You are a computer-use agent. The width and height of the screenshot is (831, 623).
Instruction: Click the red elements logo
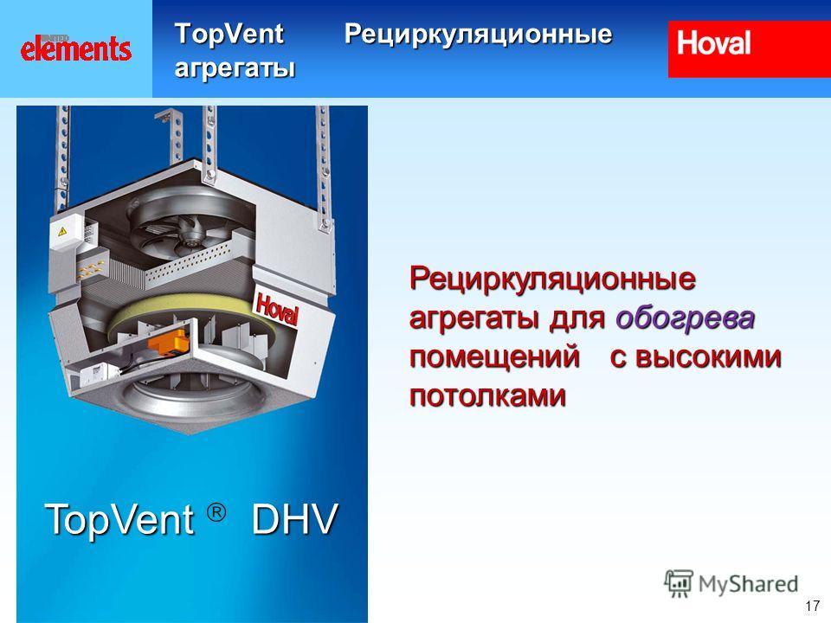[x=76, y=48]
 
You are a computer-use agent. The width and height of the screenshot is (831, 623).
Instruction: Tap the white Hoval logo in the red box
[x=713, y=43]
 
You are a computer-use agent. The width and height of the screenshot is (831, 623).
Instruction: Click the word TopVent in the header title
[x=229, y=34]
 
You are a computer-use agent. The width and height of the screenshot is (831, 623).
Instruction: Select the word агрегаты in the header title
[x=235, y=68]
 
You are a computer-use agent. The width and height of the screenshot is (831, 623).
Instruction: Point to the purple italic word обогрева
[x=685, y=318]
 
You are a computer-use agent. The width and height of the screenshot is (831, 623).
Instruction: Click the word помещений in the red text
[x=494, y=357]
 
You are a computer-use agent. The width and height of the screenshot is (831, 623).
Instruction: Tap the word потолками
[x=487, y=395]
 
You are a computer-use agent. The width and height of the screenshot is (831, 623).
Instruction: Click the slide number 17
[x=812, y=606]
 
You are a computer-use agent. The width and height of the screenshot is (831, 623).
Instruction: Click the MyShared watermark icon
[x=679, y=583]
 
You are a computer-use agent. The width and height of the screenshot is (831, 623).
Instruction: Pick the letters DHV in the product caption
[x=294, y=519]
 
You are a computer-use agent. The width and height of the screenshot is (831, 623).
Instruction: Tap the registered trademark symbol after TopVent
[x=216, y=512]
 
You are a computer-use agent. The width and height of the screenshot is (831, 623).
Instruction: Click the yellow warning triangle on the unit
[x=62, y=231]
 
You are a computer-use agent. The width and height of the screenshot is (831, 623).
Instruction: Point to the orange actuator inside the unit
[x=167, y=341]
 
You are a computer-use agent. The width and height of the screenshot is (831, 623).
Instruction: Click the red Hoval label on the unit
[x=277, y=308]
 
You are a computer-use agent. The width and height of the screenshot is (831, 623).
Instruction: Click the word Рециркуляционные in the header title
[x=478, y=35]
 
